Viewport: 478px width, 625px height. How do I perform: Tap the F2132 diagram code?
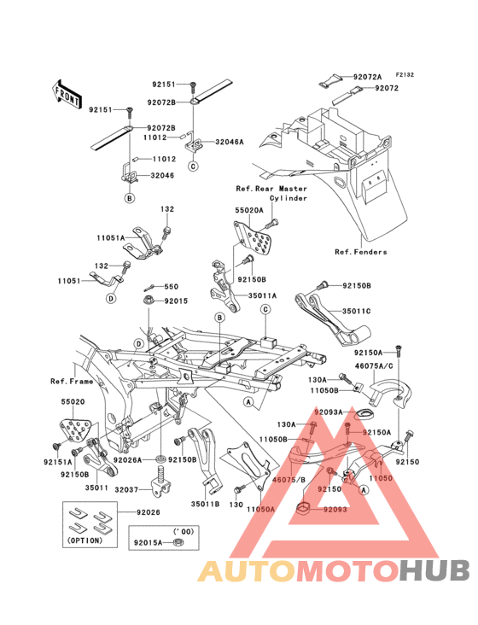pyautogui.click(x=405, y=74)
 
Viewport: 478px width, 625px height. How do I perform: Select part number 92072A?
pyautogui.click(x=367, y=77)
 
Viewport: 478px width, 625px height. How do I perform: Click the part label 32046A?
pyautogui.click(x=230, y=142)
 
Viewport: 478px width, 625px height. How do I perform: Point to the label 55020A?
pyautogui.click(x=249, y=210)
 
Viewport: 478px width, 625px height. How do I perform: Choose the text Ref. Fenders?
pyautogui.click(x=361, y=252)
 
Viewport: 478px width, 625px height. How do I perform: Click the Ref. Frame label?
pyautogui.click(x=72, y=382)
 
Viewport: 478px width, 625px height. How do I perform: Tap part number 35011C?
pyautogui.click(x=357, y=311)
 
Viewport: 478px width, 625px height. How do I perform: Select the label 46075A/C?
pyautogui.click(x=374, y=366)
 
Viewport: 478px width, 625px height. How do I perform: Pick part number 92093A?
pyautogui.click(x=329, y=412)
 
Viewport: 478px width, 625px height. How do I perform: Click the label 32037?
pyautogui.click(x=126, y=489)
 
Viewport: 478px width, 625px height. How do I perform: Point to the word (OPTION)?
pyautogui.click(x=85, y=540)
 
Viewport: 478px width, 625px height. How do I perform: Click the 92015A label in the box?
pyautogui.click(x=149, y=542)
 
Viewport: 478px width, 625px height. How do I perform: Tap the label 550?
pyautogui.click(x=172, y=287)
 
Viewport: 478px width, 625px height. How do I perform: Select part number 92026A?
pyautogui.click(x=127, y=460)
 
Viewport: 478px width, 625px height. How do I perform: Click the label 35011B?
pyautogui.click(x=205, y=504)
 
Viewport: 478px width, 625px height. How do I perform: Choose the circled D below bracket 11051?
pyautogui.click(x=111, y=298)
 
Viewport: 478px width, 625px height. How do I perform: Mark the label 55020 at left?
pyautogui.click(x=73, y=402)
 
